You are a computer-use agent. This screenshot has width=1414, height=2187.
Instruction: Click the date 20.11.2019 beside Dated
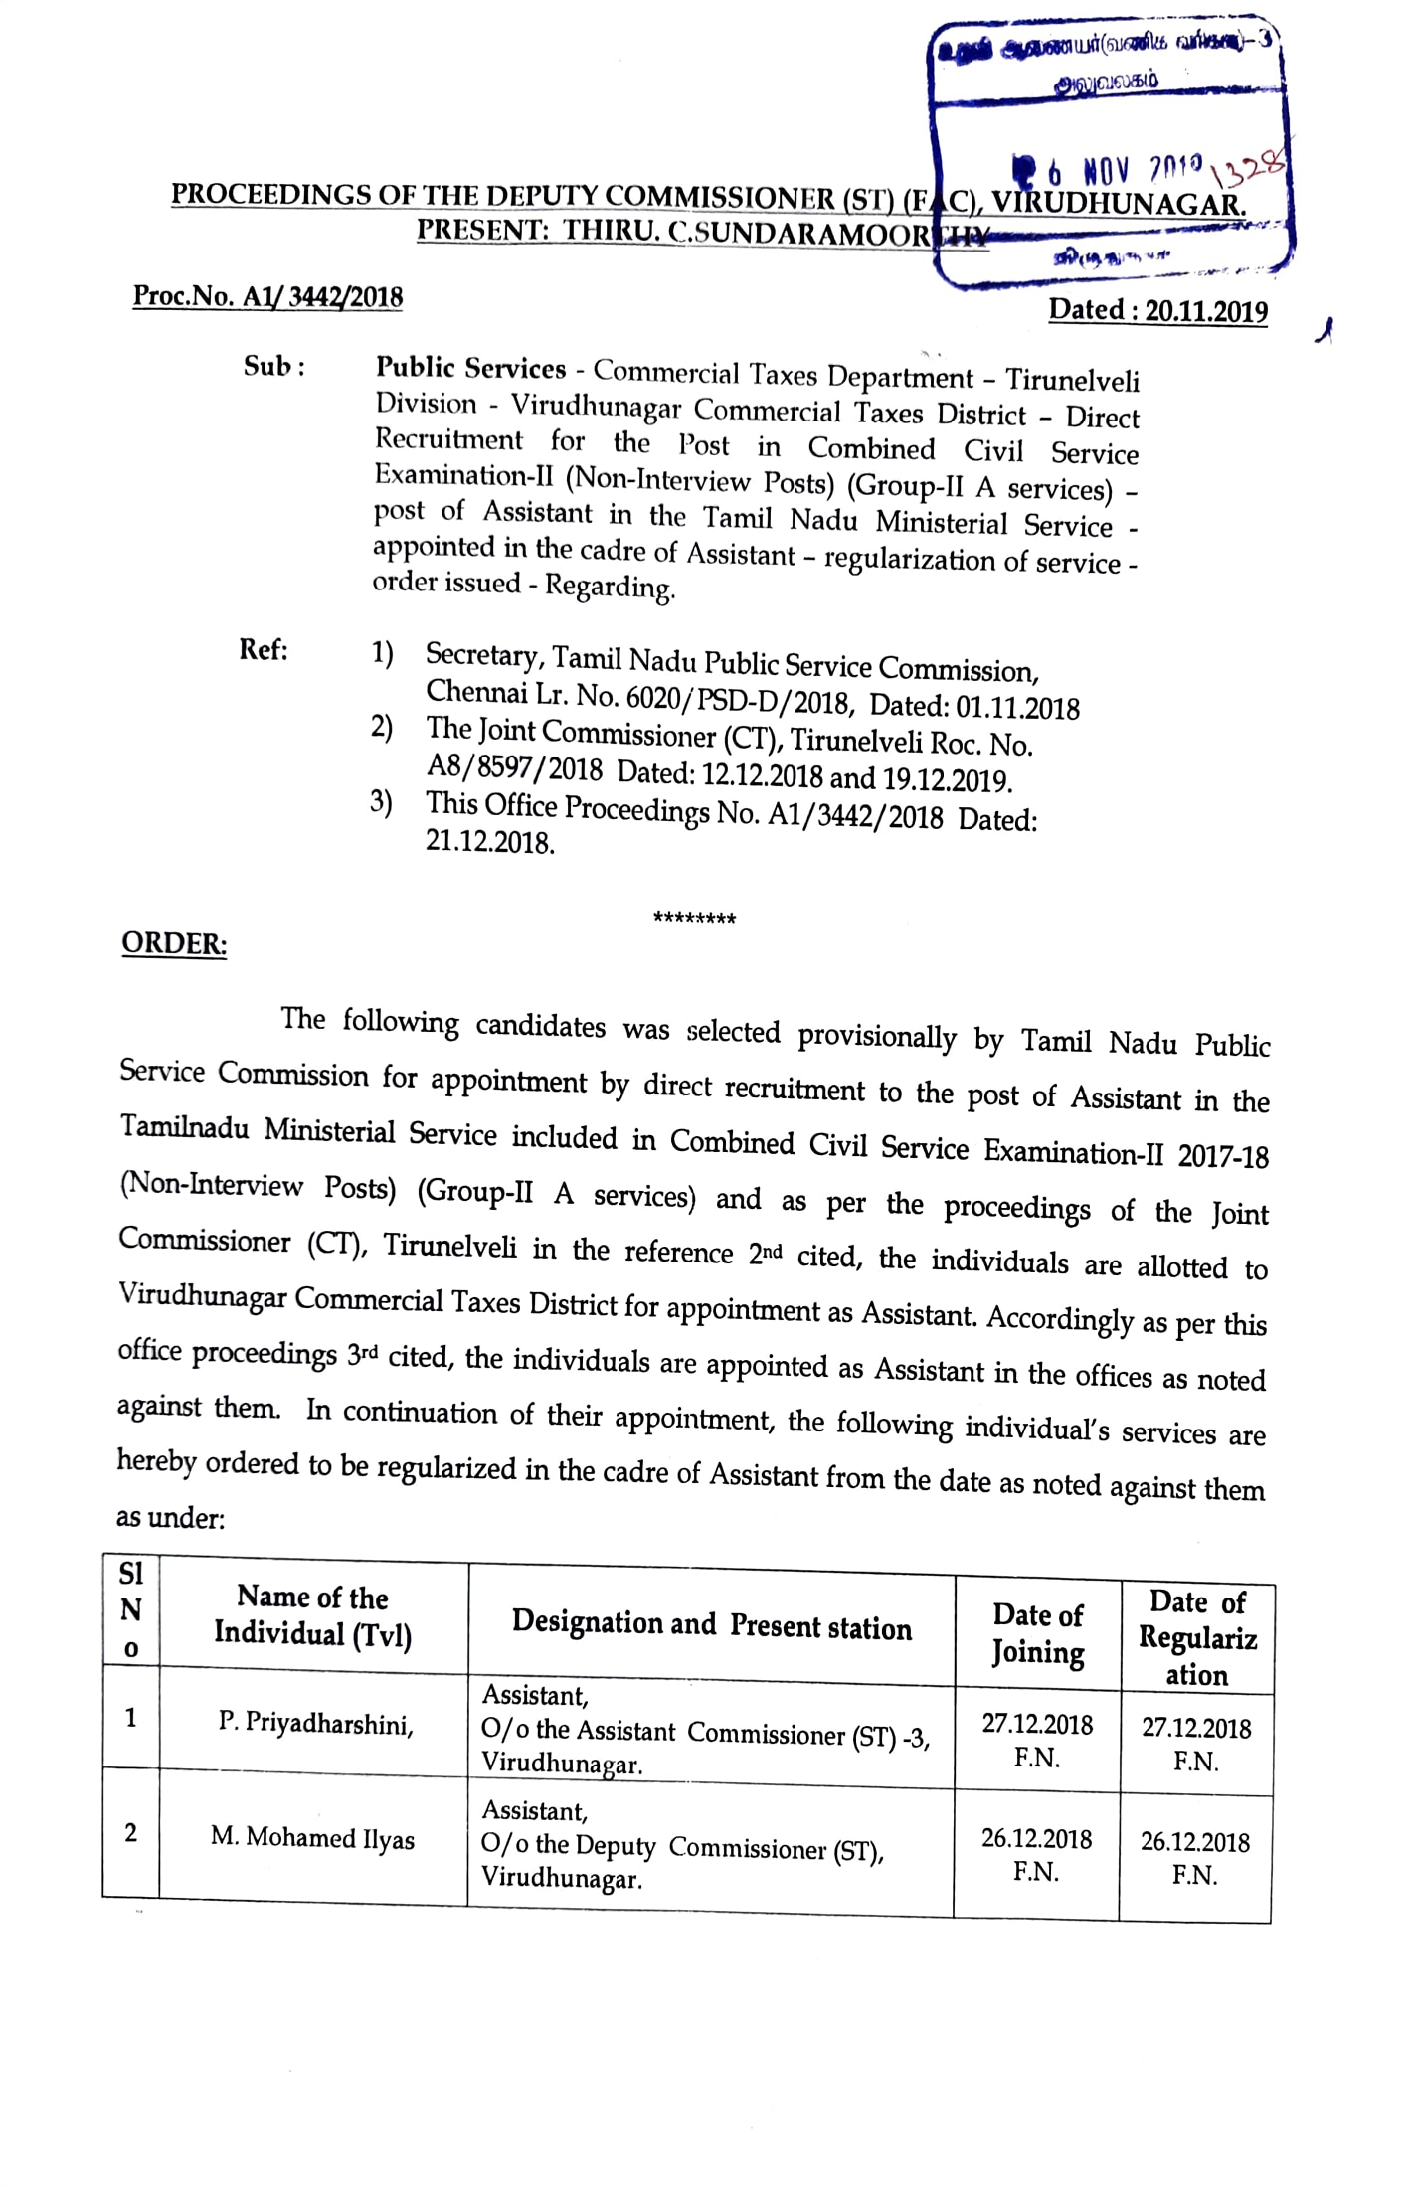pos(1206,312)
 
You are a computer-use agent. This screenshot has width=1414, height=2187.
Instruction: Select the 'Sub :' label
pos(273,367)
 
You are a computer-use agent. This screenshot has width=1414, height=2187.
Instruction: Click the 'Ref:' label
pos(264,650)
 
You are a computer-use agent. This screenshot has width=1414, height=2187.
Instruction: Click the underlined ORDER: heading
pos(174,943)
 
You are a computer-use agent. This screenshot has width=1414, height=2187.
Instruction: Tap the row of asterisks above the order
pos(694,918)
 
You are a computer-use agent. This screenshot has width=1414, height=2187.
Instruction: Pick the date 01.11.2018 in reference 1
pos(1017,708)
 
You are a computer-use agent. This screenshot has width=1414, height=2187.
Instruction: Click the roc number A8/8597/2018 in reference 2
pos(514,768)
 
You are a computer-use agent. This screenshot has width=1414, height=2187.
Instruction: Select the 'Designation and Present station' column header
pos(711,1624)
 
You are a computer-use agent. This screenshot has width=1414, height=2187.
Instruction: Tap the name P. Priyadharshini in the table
pos(315,1723)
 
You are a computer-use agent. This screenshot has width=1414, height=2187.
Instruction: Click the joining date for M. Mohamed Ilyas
pos(1036,1853)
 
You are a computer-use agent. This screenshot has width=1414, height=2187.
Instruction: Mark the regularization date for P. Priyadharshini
pos(1196,1743)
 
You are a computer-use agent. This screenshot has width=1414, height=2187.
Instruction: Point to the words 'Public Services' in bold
pos(470,368)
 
